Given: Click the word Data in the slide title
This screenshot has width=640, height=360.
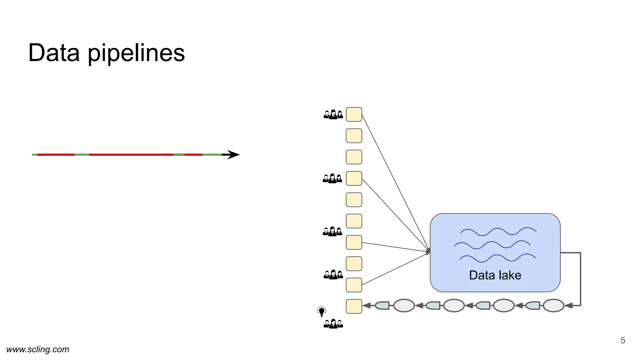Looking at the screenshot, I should [x=54, y=53].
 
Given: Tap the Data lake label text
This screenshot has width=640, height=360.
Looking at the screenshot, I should [x=495, y=275].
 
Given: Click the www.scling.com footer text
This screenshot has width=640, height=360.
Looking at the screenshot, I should [x=38, y=349].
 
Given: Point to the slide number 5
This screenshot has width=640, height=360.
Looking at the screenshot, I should [x=622, y=340].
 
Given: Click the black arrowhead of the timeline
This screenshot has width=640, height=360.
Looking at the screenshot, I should [x=233, y=154].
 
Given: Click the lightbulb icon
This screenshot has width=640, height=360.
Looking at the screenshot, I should [x=322, y=311].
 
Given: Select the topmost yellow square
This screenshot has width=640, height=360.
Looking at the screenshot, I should [x=354, y=114].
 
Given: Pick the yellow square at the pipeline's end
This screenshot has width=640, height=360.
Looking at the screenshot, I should [x=354, y=306].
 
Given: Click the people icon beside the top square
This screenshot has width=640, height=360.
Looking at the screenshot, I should [x=333, y=115].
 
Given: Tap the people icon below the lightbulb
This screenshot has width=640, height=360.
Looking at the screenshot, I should [x=333, y=324].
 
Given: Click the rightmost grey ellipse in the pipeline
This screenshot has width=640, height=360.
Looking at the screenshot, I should [x=553, y=306].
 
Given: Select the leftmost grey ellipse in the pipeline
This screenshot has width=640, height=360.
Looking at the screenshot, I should [x=404, y=306].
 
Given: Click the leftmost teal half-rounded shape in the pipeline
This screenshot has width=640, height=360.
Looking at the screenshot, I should [x=382, y=306].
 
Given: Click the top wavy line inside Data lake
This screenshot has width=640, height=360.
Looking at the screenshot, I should [x=498, y=232].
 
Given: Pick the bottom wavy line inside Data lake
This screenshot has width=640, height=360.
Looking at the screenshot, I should [x=497, y=258].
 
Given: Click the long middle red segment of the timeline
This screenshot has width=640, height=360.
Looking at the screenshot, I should [x=131, y=154].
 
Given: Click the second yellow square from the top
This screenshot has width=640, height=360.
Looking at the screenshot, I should [x=354, y=136].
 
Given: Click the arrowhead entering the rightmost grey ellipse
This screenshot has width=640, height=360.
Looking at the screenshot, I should [x=569, y=306].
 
